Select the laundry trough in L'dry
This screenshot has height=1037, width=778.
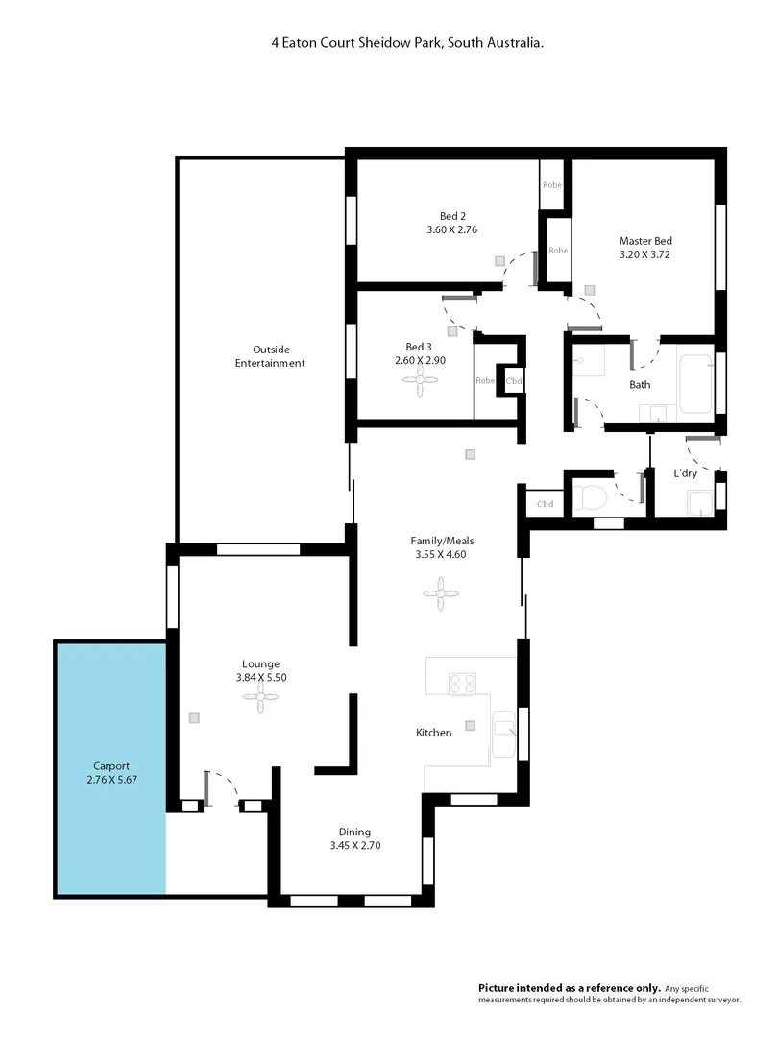pos(698,498)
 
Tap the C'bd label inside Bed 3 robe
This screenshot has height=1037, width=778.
pos(515,380)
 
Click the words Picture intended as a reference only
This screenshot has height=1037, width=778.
pos(570,987)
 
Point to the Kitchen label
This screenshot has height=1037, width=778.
pos(433,733)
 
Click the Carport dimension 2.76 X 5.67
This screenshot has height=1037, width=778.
pos(111,781)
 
